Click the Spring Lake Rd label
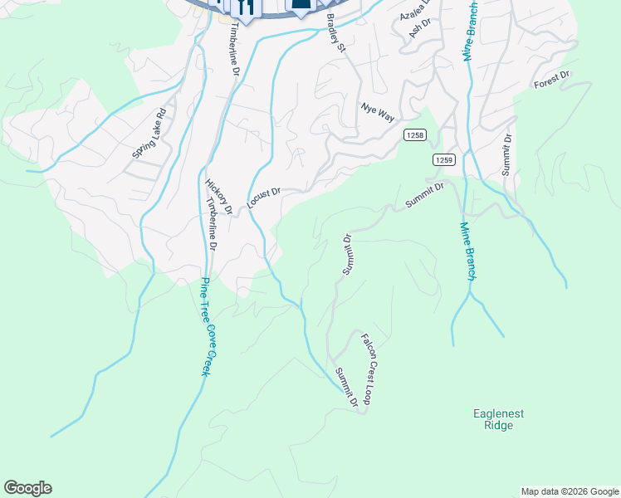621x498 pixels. (x=149, y=134)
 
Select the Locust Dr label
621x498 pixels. (x=264, y=198)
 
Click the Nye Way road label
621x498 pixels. (x=377, y=112)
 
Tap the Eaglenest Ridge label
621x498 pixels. (x=499, y=419)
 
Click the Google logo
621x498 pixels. (x=28, y=488)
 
